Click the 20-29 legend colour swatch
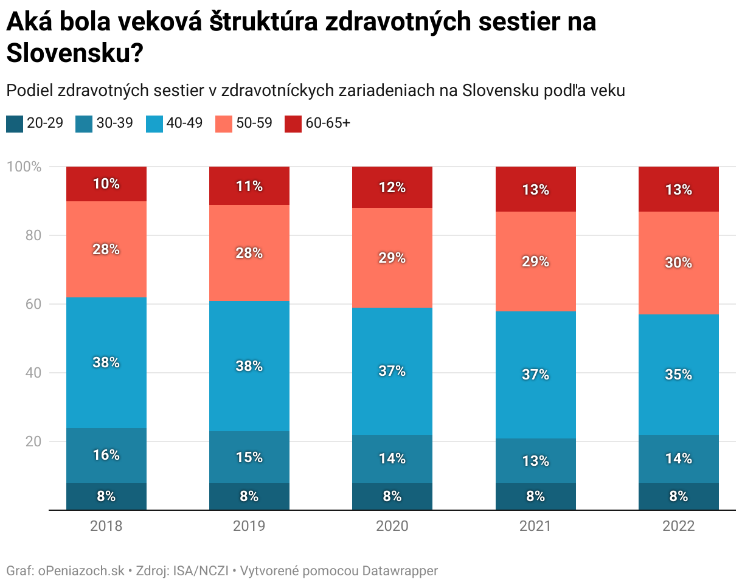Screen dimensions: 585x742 [15, 123]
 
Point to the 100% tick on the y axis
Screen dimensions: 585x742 [24, 167]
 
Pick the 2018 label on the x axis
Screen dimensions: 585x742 [106, 526]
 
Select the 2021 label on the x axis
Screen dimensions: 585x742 [535, 526]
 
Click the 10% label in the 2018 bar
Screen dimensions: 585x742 [106, 184]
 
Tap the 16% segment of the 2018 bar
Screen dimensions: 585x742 [106, 455]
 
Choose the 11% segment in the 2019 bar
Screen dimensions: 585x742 [249, 186]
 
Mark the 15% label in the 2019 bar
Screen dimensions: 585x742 [249, 457]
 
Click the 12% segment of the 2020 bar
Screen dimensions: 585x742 [392, 188]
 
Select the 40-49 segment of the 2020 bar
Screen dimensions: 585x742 [392, 371]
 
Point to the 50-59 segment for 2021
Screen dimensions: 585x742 [535, 261]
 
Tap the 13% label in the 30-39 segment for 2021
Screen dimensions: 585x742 [535, 461]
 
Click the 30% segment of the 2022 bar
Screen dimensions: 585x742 [679, 263]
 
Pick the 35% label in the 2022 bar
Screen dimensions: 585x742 [679, 375]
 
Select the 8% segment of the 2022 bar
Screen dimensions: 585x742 [679, 496]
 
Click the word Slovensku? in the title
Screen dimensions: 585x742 [75, 54]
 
